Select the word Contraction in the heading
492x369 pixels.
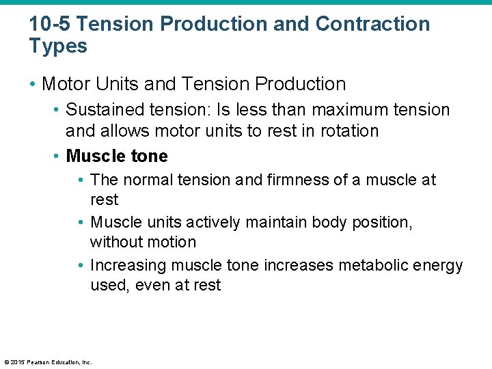373,24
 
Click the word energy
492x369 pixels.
440,265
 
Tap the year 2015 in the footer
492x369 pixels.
16,362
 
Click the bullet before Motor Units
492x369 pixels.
33,85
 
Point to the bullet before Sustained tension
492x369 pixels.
57,110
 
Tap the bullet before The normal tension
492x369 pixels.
81,180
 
